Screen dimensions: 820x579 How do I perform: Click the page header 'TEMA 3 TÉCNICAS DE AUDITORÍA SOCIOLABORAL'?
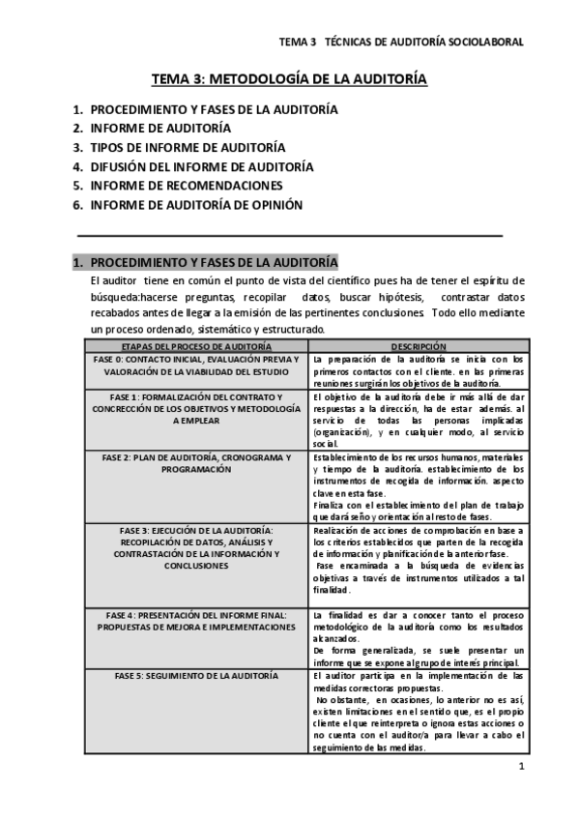click(x=401, y=43)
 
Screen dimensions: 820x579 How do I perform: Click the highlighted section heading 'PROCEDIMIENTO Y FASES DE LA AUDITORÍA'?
click(x=214, y=262)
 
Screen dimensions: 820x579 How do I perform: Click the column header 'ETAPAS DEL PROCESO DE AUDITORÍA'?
click(x=189, y=346)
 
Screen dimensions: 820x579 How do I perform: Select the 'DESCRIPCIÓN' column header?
click(x=418, y=346)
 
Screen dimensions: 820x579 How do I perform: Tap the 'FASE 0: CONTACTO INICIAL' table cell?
click(x=189, y=365)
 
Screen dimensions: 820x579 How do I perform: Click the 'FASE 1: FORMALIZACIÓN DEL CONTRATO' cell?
click(x=189, y=409)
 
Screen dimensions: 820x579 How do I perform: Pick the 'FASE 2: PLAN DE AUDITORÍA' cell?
click(x=189, y=462)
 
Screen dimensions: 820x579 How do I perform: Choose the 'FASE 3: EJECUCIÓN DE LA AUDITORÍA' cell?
click(x=189, y=547)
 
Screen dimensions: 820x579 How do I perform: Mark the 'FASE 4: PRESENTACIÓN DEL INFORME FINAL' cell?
click(x=189, y=621)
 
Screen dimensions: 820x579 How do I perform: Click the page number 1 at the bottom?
click(x=520, y=768)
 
